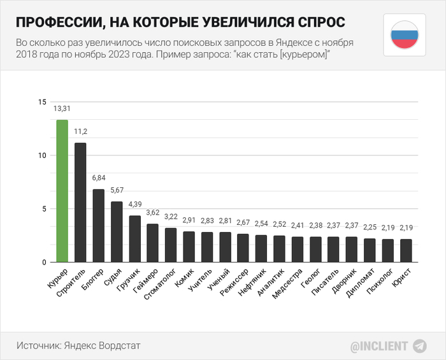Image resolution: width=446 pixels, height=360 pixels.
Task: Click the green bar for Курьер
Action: (x=62, y=191)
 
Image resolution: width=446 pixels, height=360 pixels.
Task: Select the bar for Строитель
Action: (x=80, y=202)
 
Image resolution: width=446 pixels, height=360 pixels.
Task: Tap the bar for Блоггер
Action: (x=98, y=226)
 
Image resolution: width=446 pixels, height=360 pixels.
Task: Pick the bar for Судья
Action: (x=117, y=232)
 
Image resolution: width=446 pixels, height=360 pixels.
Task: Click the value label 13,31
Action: (x=62, y=109)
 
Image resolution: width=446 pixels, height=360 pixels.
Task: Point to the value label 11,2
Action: (x=80, y=132)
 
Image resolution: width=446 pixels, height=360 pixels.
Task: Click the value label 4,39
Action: (x=135, y=205)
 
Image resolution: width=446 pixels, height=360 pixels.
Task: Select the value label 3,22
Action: (x=171, y=217)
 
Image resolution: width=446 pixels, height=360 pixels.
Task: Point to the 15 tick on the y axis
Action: (x=42, y=103)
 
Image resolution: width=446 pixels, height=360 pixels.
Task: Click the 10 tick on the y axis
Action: (x=42, y=155)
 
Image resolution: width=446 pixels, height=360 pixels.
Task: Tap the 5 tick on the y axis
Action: (x=44, y=209)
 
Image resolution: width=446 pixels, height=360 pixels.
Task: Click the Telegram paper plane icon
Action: (x=420, y=346)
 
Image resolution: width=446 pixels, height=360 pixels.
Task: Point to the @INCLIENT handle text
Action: (x=378, y=347)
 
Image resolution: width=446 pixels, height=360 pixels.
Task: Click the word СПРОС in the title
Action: (x=313, y=22)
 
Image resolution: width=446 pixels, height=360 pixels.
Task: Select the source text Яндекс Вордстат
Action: (x=102, y=345)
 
